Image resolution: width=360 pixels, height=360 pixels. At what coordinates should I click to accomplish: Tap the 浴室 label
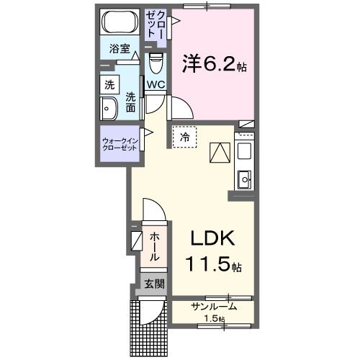[x=119, y=50]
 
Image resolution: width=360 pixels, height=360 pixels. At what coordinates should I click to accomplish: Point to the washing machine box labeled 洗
[x=109, y=84]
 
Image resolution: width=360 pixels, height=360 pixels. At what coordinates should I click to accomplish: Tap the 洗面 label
[x=131, y=102]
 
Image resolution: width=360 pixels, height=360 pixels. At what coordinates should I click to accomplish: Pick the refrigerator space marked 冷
[x=184, y=135]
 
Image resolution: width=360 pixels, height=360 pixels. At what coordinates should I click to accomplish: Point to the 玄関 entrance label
[x=153, y=284]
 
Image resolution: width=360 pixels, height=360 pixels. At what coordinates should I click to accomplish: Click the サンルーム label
[x=214, y=307]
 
